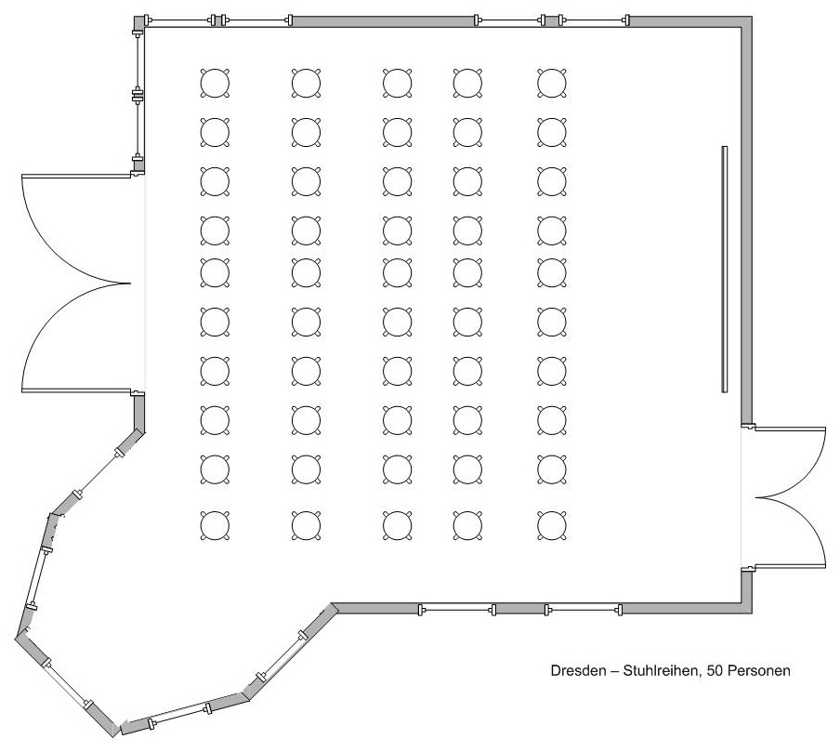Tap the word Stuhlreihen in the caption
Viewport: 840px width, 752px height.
pos(661,670)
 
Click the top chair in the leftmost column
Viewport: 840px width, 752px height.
pos(215,83)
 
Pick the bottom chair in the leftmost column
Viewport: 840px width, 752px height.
pos(215,525)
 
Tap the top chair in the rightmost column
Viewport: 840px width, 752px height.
pos(552,83)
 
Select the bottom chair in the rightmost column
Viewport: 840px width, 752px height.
pos(552,525)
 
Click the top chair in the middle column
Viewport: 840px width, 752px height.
pos(398,83)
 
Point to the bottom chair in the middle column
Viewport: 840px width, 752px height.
pos(398,525)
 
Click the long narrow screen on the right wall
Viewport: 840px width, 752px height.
pos(724,269)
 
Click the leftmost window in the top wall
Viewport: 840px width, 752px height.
pos(179,20)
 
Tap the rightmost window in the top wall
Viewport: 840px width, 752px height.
pos(594,20)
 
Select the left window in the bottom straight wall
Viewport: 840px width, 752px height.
pos(457,609)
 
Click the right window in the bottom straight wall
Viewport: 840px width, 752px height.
pos(584,609)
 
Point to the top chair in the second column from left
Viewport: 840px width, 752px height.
pos(307,83)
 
